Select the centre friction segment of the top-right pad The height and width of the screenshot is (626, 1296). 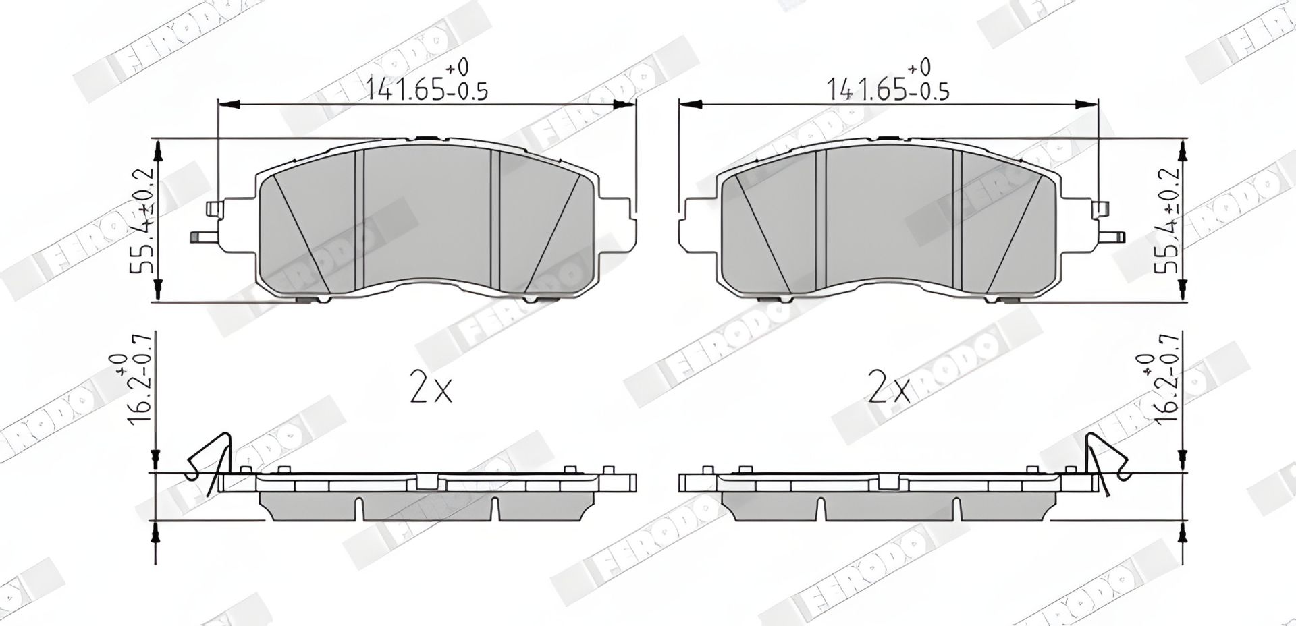point(888,216)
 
